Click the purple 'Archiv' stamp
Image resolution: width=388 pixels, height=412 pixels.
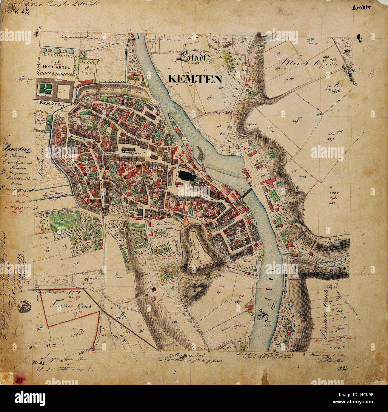(x=361, y=8)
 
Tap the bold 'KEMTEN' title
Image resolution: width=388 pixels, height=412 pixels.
(x=195, y=79)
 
